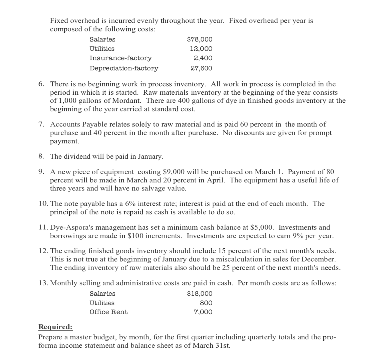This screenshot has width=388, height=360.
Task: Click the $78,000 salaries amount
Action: [x=199, y=39]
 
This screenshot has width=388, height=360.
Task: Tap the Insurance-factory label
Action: [x=120, y=58]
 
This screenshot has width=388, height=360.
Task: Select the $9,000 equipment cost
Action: [x=172, y=172]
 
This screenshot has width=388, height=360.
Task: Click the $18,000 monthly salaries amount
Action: [x=199, y=294]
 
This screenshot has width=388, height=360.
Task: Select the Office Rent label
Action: [x=108, y=312]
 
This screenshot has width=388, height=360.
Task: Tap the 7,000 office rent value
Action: [x=203, y=312]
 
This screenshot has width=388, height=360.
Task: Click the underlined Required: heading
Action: [x=56, y=327]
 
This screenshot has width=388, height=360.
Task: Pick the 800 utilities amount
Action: [x=206, y=303]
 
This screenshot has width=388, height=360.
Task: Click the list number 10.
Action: [x=43, y=204]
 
